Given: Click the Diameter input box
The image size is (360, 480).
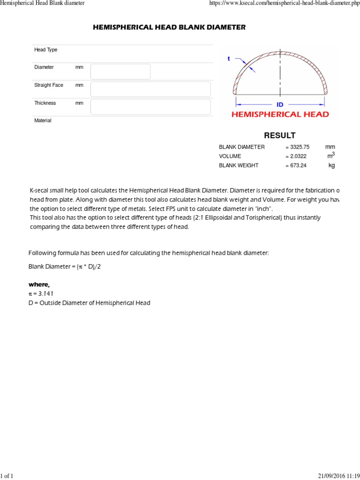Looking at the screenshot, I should coord(120,72).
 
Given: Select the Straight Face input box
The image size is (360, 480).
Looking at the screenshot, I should coord(150,89).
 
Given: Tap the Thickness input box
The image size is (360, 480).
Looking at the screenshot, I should coord(150,107).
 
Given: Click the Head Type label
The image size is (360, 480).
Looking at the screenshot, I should coord(45,50).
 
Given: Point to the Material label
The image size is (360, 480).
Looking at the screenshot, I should coord(43,120).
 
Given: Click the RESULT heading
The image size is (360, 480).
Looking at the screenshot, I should coord(279,135).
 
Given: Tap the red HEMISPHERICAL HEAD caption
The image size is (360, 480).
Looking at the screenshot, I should coord(280,114).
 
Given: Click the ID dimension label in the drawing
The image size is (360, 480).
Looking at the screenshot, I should coord(280,105).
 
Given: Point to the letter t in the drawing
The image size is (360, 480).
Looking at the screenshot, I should coord(229,59).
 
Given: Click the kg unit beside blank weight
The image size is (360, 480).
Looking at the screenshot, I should coord(332,165).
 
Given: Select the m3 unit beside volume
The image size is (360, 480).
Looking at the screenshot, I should coord(331,155).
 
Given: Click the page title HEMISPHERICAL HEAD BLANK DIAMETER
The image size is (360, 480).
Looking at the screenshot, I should coord(169,28).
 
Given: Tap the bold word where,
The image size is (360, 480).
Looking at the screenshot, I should coord(39,285).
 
